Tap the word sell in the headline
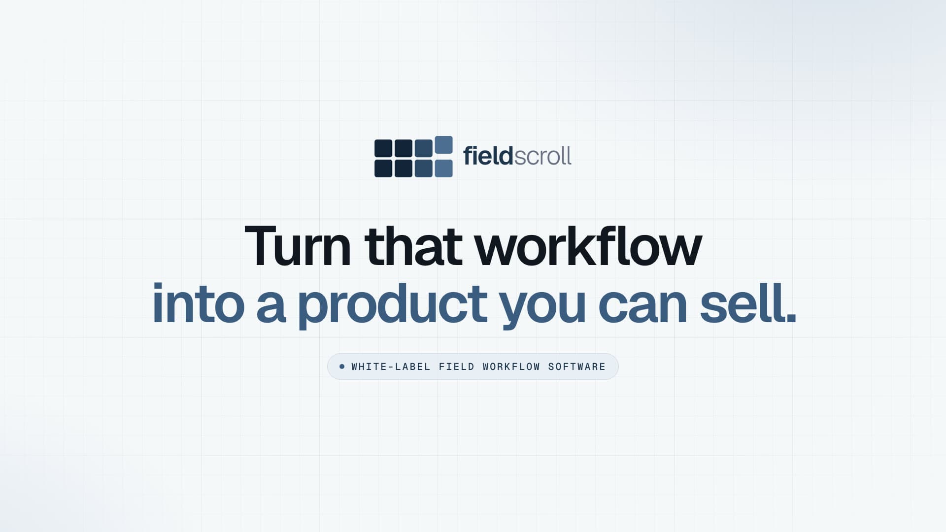[x=742, y=303]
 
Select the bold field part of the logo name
[x=488, y=156]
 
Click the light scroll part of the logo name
[x=543, y=156]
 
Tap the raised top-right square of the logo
[x=443, y=145]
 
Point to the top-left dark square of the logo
[x=383, y=149]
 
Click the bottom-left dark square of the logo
[x=383, y=168]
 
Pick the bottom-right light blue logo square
[x=443, y=168]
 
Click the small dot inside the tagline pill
[x=342, y=366]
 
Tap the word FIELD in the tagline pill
[x=457, y=366]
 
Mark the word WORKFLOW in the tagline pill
[x=511, y=366]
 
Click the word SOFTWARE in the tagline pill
[x=577, y=366]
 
